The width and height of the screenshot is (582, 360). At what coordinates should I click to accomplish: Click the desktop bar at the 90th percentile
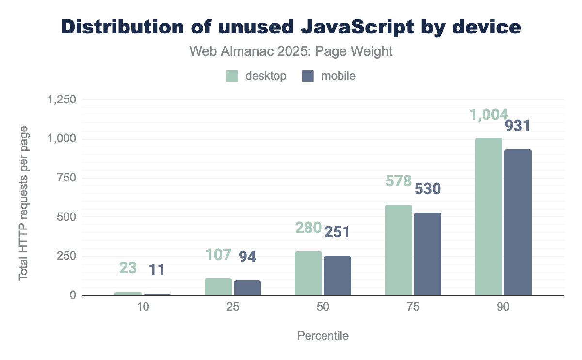489,217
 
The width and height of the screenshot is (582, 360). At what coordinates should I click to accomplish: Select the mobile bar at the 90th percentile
518,223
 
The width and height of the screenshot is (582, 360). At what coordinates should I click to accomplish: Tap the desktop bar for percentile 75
399,250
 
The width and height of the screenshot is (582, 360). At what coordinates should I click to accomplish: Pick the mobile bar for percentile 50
338,276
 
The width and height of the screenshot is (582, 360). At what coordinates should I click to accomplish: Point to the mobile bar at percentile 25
247,288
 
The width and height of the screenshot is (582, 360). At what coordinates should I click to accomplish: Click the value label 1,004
489,115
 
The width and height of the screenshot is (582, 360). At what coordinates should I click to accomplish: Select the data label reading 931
518,126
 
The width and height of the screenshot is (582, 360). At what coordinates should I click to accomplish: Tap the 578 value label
399,181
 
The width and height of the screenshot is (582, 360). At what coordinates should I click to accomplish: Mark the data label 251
337,231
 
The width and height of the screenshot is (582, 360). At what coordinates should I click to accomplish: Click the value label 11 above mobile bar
157,270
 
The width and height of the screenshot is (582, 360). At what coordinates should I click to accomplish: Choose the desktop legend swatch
232,76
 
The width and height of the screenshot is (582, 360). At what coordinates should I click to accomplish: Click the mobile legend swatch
309,76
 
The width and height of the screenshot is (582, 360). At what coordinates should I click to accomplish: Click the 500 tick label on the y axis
66,217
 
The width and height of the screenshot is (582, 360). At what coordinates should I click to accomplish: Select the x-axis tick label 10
143,308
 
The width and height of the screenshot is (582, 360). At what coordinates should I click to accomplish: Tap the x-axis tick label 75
413,308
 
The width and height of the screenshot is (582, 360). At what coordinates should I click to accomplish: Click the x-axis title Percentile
323,336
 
